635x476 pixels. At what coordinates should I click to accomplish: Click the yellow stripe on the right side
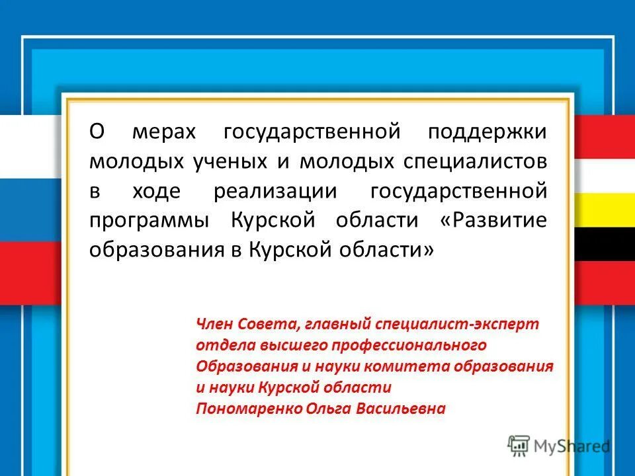coord(603,210)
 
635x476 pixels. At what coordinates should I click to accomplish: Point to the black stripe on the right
coord(603,245)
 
